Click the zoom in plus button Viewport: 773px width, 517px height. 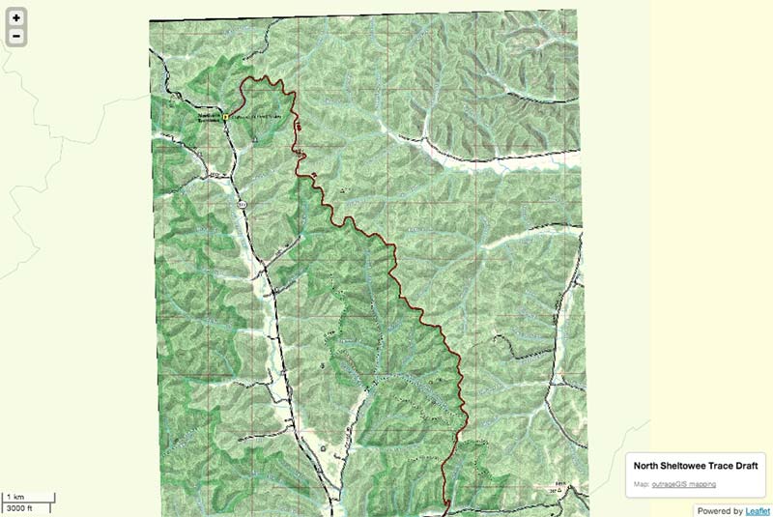tap(16, 17)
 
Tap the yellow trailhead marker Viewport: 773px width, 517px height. tap(225, 116)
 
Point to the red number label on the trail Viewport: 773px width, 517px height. tap(299, 127)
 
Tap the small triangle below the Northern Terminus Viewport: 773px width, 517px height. tap(254, 139)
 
